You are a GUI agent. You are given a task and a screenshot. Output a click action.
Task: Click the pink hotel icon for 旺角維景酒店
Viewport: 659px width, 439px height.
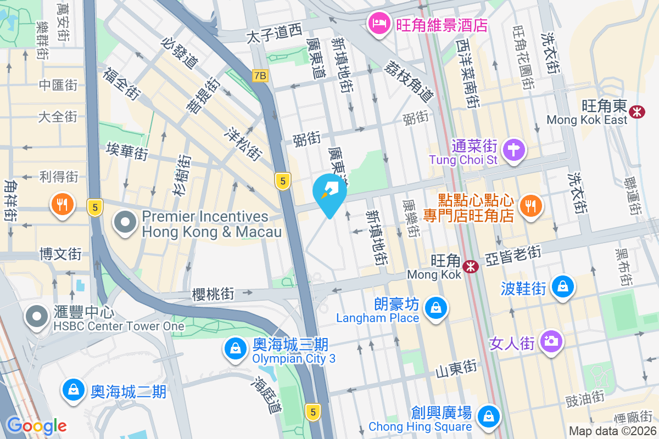click(379, 23)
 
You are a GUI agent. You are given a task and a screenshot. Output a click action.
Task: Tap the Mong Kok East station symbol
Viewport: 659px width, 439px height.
click(637, 111)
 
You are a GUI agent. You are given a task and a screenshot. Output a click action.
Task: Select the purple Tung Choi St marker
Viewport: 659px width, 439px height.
click(514, 149)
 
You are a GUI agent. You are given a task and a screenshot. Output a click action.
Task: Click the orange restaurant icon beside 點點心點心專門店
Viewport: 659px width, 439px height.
click(529, 206)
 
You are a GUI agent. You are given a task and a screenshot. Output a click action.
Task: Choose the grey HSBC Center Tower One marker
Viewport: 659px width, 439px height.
click(37, 317)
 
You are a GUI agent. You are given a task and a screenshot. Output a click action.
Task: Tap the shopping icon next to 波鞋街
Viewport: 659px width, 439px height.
click(563, 286)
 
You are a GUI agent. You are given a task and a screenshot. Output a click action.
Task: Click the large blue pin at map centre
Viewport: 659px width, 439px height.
click(329, 192)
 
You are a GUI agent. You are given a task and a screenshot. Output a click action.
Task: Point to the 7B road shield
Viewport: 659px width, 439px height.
click(260, 76)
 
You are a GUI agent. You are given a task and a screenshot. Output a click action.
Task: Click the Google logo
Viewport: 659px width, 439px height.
click(36, 426)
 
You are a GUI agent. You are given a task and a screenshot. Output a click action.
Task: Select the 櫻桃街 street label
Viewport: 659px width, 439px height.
click(213, 294)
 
